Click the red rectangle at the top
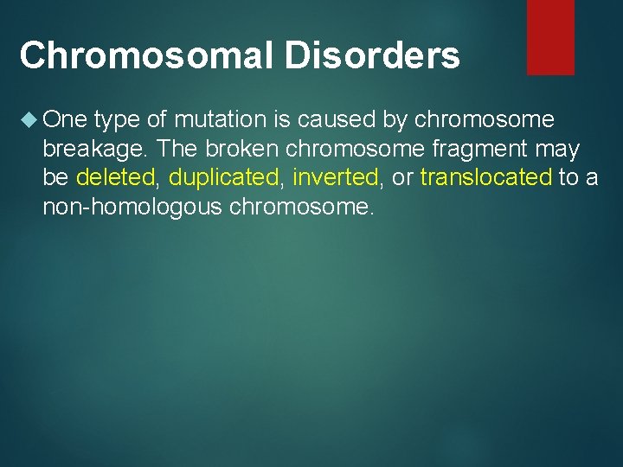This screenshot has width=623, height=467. click(550, 36)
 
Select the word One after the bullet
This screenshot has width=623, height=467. click(64, 120)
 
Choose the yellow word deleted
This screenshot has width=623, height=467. click(114, 178)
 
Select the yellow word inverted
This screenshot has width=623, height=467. click(337, 178)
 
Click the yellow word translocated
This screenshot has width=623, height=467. click(485, 178)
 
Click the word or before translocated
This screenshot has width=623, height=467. click(402, 178)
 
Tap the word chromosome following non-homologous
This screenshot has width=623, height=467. click(302, 207)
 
